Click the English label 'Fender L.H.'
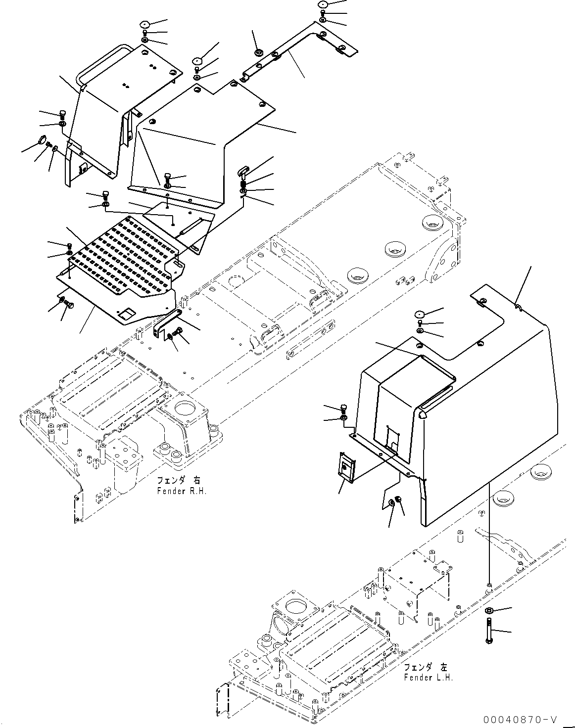(428, 677)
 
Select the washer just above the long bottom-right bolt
(489, 610)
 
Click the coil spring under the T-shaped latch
(244, 183)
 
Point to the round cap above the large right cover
(420, 314)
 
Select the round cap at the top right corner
(323, 4)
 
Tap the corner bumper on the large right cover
(421, 415)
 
